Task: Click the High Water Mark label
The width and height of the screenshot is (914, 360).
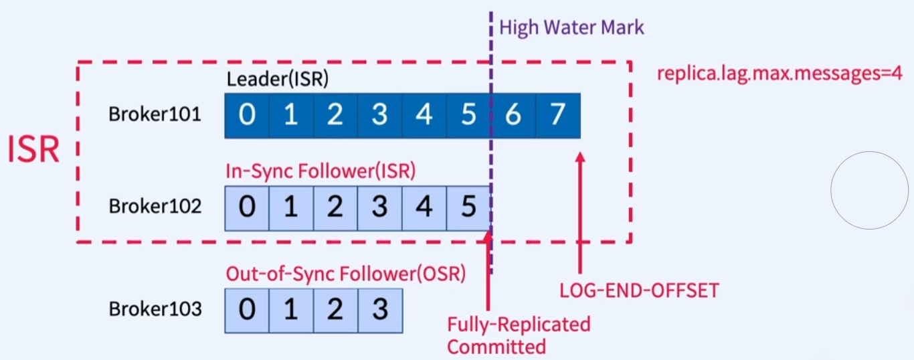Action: (571, 27)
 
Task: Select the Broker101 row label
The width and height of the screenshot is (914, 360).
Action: (155, 114)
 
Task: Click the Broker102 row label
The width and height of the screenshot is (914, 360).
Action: (155, 206)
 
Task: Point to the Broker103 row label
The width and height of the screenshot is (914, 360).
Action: (155, 309)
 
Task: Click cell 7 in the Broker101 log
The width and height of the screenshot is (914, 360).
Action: (558, 115)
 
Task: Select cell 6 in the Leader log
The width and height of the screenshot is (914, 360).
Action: (513, 115)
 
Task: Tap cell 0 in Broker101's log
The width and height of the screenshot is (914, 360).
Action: (247, 115)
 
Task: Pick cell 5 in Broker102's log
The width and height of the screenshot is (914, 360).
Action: (469, 207)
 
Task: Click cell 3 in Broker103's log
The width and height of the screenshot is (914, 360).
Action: (380, 310)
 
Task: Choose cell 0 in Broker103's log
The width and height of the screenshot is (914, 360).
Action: (247, 310)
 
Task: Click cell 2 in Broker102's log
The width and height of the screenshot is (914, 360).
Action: (335, 207)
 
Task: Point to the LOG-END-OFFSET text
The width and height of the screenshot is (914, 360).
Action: (639, 290)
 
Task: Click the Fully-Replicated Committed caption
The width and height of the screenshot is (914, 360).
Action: (519, 335)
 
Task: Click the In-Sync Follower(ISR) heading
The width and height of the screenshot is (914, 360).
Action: (321, 171)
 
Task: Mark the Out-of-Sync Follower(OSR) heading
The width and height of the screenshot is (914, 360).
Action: (345, 274)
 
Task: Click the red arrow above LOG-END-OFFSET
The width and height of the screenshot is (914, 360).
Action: (580, 214)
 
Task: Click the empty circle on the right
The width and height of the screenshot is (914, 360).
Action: (869, 191)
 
